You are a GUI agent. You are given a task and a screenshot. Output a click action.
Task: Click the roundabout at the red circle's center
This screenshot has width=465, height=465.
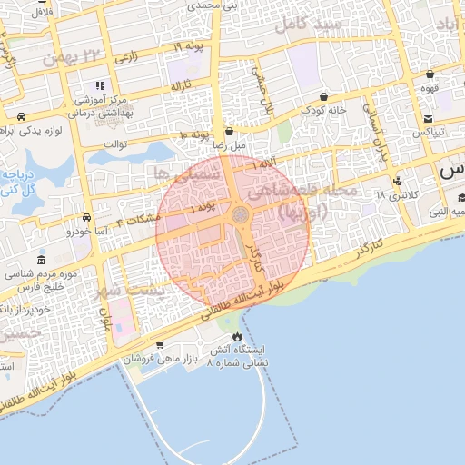click(x=241, y=214)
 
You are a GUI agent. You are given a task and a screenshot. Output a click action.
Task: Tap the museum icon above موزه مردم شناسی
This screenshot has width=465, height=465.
click(x=42, y=260)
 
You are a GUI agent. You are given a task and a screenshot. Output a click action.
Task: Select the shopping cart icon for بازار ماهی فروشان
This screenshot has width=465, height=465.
click(x=160, y=344)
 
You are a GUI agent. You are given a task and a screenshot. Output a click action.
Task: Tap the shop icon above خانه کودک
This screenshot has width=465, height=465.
click(x=323, y=96)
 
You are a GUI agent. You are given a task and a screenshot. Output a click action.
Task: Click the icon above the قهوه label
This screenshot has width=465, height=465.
click(x=430, y=74)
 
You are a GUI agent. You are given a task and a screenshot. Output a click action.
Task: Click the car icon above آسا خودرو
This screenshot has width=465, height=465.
click(x=85, y=218)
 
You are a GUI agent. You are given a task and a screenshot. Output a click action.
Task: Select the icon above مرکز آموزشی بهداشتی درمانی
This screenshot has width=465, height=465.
click(x=113, y=85)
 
